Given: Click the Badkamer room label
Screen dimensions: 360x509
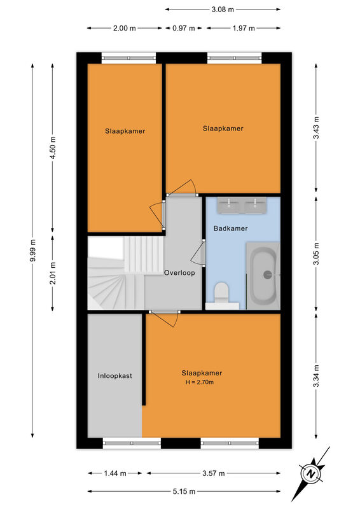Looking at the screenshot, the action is coord(230,228).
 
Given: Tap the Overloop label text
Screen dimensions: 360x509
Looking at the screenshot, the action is coord(179,273).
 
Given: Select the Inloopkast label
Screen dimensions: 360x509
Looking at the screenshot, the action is coord(115,376).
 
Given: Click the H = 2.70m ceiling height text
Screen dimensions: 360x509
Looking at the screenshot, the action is coord(200,382).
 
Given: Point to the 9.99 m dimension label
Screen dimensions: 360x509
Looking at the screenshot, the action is coord(32,250).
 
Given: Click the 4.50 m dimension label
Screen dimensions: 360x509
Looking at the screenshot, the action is coord(53,148).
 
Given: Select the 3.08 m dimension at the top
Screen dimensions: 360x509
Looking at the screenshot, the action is coord(223,10).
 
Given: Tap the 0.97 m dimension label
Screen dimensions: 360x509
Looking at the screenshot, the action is coord(184,28).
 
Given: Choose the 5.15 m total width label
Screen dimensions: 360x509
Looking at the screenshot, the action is coord(184,491).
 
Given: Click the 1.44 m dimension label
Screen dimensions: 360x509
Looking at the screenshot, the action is coord(115,473).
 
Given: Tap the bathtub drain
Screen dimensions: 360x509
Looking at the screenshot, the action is coord(268,275).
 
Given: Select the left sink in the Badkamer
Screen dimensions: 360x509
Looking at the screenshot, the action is coord(229,206).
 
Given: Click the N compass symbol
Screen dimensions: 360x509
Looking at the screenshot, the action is coord(311,473).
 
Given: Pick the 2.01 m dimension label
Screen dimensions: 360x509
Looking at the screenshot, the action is coord(53,273).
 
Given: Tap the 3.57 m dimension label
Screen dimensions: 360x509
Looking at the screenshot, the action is coord(214,473).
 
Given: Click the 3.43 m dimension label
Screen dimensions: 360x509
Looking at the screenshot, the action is coord(316,128).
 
